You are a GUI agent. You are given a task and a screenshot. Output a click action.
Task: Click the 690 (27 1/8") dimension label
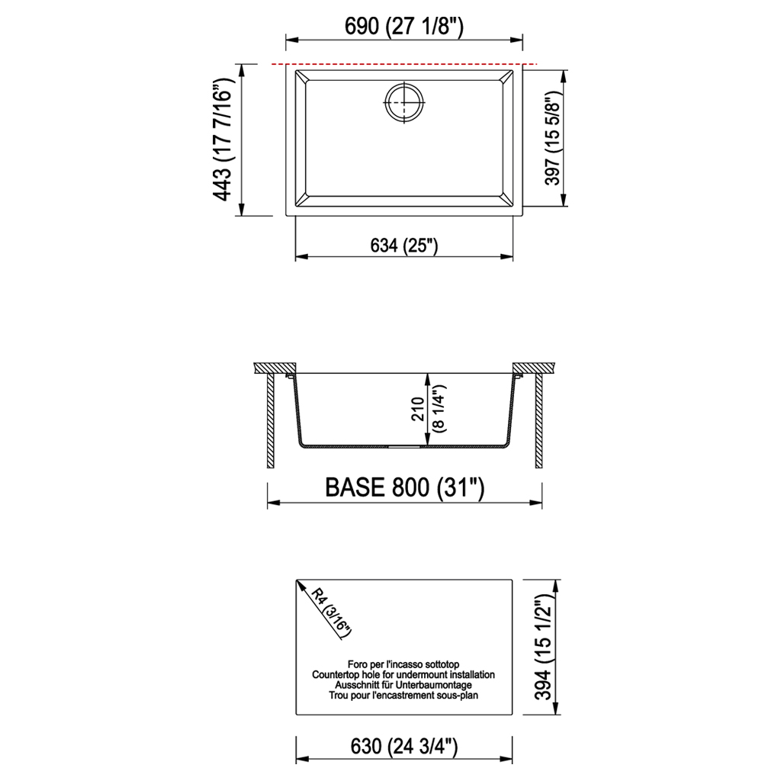[404, 26]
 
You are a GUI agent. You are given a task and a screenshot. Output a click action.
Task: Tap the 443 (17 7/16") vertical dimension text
[223, 139]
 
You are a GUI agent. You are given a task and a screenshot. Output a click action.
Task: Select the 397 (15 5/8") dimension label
[552, 139]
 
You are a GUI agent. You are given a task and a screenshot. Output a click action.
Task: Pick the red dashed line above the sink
[404, 64]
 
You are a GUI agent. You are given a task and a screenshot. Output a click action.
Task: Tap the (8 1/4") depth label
[440, 409]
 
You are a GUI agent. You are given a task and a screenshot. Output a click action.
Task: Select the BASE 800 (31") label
[404, 487]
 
